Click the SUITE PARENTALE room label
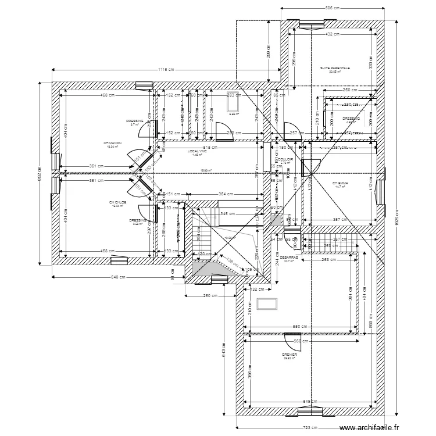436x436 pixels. click(x=335, y=68)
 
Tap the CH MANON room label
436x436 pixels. click(x=112, y=143)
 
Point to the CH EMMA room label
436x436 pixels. click(x=340, y=184)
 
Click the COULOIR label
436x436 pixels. click(x=285, y=158)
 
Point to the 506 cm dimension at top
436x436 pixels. click(x=332, y=9)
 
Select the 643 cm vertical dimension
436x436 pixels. click(x=224, y=356)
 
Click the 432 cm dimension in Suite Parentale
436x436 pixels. click(x=333, y=34)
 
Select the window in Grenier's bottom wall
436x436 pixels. click(x=309, y=412)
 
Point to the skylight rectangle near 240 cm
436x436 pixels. click(x=267, y=304)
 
